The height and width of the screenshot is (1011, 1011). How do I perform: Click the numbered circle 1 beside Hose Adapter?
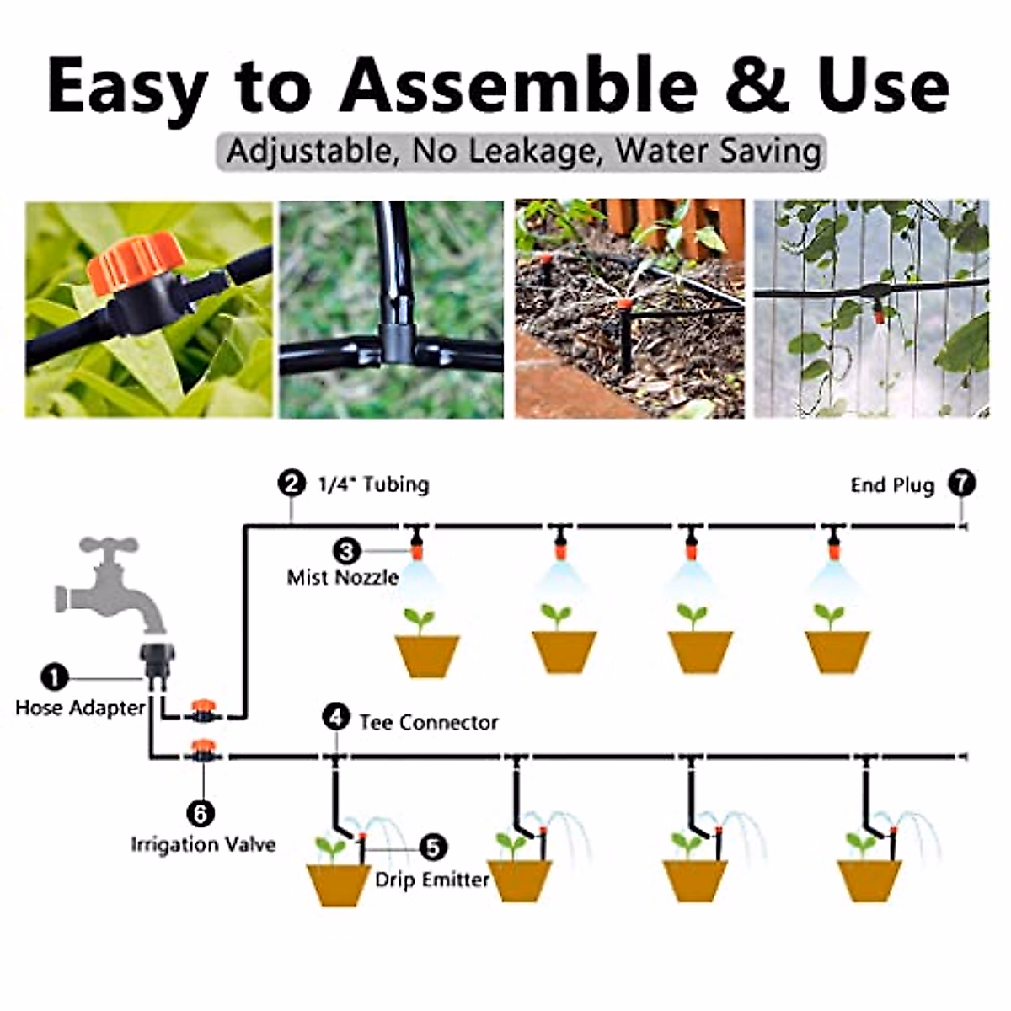coord(55,677)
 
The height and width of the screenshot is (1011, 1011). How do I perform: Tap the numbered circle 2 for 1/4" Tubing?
coord(291,484)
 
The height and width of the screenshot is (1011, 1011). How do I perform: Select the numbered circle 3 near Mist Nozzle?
coord(346,551)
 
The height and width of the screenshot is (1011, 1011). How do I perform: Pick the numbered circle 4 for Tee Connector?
coord(336,718)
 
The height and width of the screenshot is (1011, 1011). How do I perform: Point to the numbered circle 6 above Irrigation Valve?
coord(201,813)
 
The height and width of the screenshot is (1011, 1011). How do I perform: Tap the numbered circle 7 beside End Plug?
coord(961,484)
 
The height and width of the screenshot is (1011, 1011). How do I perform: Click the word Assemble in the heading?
coord(517,86)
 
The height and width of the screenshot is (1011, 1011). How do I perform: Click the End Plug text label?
coord(892,485)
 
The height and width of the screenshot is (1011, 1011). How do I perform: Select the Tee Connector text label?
coord(428,723)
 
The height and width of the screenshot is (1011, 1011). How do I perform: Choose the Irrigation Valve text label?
coord(203,844)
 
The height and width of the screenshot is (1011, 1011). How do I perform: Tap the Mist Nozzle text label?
coord(342,578)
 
